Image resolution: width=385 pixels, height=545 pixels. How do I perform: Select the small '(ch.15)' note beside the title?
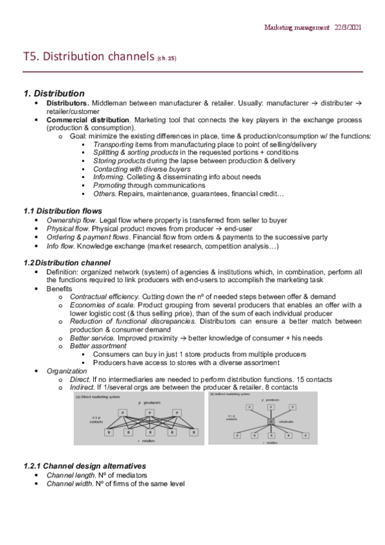(x=166, y=59)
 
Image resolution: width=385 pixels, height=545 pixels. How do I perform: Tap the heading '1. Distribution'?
(x=53, y=94)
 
